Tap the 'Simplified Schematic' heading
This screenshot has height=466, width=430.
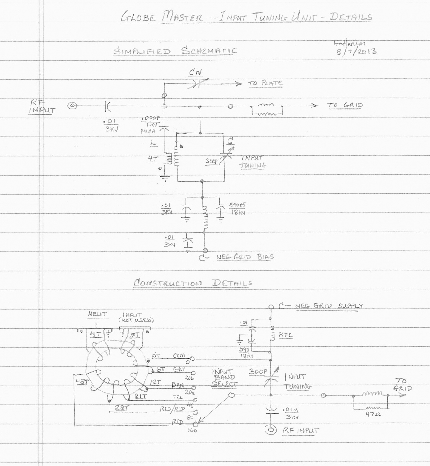(175, 51)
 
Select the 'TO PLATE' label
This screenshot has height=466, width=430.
(265, 83)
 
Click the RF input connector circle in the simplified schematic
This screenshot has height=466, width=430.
(72, 106)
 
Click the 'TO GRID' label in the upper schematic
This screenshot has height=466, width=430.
(345, 105)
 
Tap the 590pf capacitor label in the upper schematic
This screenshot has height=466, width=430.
(237, 205)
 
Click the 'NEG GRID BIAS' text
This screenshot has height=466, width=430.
(245, 257)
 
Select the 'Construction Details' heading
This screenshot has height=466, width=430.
(193, 283)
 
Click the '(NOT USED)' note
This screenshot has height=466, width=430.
(136, 320)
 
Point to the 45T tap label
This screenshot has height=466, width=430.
(81, 382)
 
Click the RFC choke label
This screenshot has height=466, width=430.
(285, 335)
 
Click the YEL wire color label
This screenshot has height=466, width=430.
(178, 397)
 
